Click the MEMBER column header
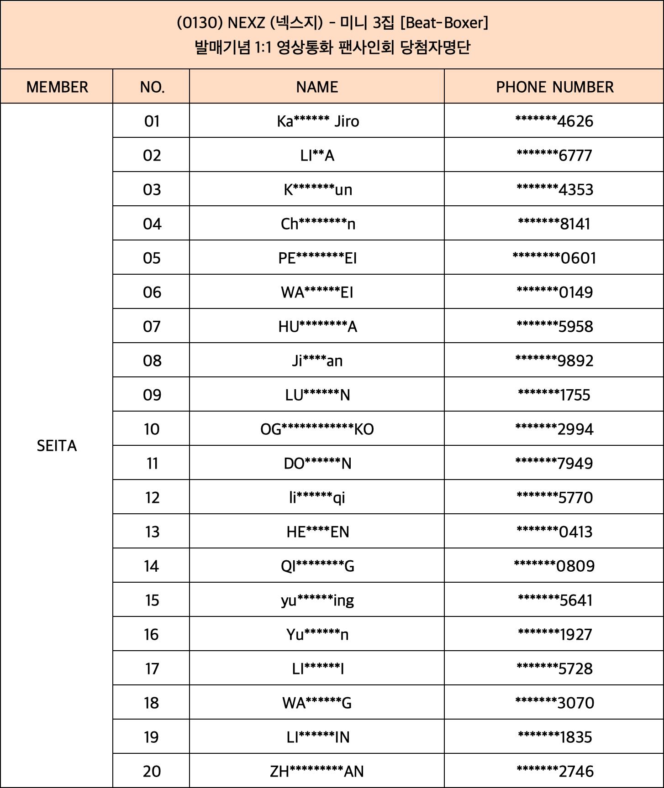coord(57,87)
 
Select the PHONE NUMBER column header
coord(554,87)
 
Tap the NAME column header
coord(317,87)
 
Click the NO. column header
coord(152,87)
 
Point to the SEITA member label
coord(57,446)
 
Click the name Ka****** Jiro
coord(318,121)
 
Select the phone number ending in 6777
coord(554,156)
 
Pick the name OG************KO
coord(317,429)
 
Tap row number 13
coord(152,532)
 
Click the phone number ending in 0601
coord(554,258)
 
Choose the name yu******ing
coord(317,600)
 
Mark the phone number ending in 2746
coord(554,772)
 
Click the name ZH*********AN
coord(317,772)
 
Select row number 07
coord(152,327)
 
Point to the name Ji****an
coord(317,361)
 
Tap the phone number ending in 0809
coord(554,566)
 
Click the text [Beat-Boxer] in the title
coord(444,22)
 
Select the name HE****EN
coord(317,532)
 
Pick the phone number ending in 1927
coord(554,635)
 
